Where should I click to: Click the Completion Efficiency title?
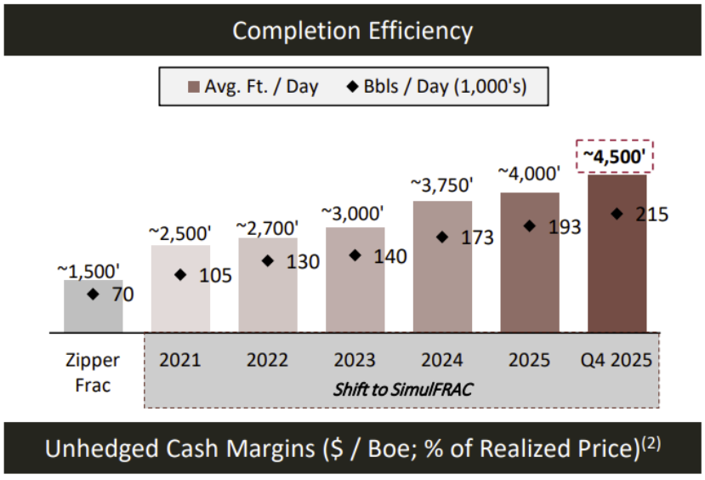click(352, 31)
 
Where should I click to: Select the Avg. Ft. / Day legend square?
click(192, 87)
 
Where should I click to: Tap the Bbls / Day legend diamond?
click(350, 87)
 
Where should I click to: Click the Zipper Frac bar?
click(94, 306)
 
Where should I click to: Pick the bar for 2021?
click(180, 289)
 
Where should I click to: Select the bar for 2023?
click(355, 281)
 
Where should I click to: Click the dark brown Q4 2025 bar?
click(617, 255)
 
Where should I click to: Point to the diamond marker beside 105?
click(180, 274)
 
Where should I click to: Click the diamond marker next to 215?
click(617, 214)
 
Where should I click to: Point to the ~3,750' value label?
click(442, 185)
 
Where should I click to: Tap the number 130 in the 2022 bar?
click(304, 262)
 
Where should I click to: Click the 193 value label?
click(565, 227)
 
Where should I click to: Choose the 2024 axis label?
click(442, 360)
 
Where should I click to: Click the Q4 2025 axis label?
click(617, 360)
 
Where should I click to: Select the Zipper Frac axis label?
click(93, 371)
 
